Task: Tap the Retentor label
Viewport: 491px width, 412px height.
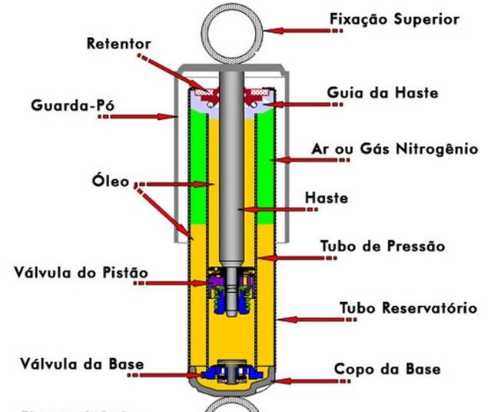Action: coord(119,45)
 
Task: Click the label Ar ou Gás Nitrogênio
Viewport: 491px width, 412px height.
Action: coord(398,148)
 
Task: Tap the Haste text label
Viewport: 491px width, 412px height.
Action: coord(327,198)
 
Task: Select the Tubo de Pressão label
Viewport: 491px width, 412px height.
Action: coord(383,246)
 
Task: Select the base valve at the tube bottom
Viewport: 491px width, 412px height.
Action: coord(231,372)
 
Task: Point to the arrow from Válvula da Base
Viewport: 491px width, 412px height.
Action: coord(169,375)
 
